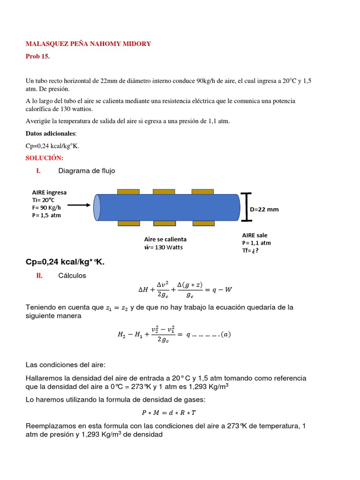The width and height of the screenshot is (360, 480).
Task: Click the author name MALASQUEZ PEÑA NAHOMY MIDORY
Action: pos(88,44)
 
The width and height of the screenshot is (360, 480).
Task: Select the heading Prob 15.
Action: pos(37,56)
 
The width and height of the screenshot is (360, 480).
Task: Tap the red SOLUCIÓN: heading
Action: pos(44,158)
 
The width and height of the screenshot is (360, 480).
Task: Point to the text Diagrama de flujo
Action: pos(86,171)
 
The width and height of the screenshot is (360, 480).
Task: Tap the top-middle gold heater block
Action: pos(164,192)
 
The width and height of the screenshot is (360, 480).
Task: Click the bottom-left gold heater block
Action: pos(128,223)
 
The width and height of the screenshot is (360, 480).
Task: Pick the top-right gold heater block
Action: pos(202,192)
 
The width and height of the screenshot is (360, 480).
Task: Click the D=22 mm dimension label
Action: pos(264,210)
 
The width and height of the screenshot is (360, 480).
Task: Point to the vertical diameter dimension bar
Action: pos(246,207)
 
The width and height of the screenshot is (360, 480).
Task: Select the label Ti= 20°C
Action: pos(44,200)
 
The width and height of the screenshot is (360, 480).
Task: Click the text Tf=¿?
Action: pos(250,250)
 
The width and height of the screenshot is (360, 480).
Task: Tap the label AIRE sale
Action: pos(255,235)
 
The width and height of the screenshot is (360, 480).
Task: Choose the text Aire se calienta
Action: pos(165,239)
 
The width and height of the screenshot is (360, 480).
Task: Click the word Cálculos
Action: pos(72,276)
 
